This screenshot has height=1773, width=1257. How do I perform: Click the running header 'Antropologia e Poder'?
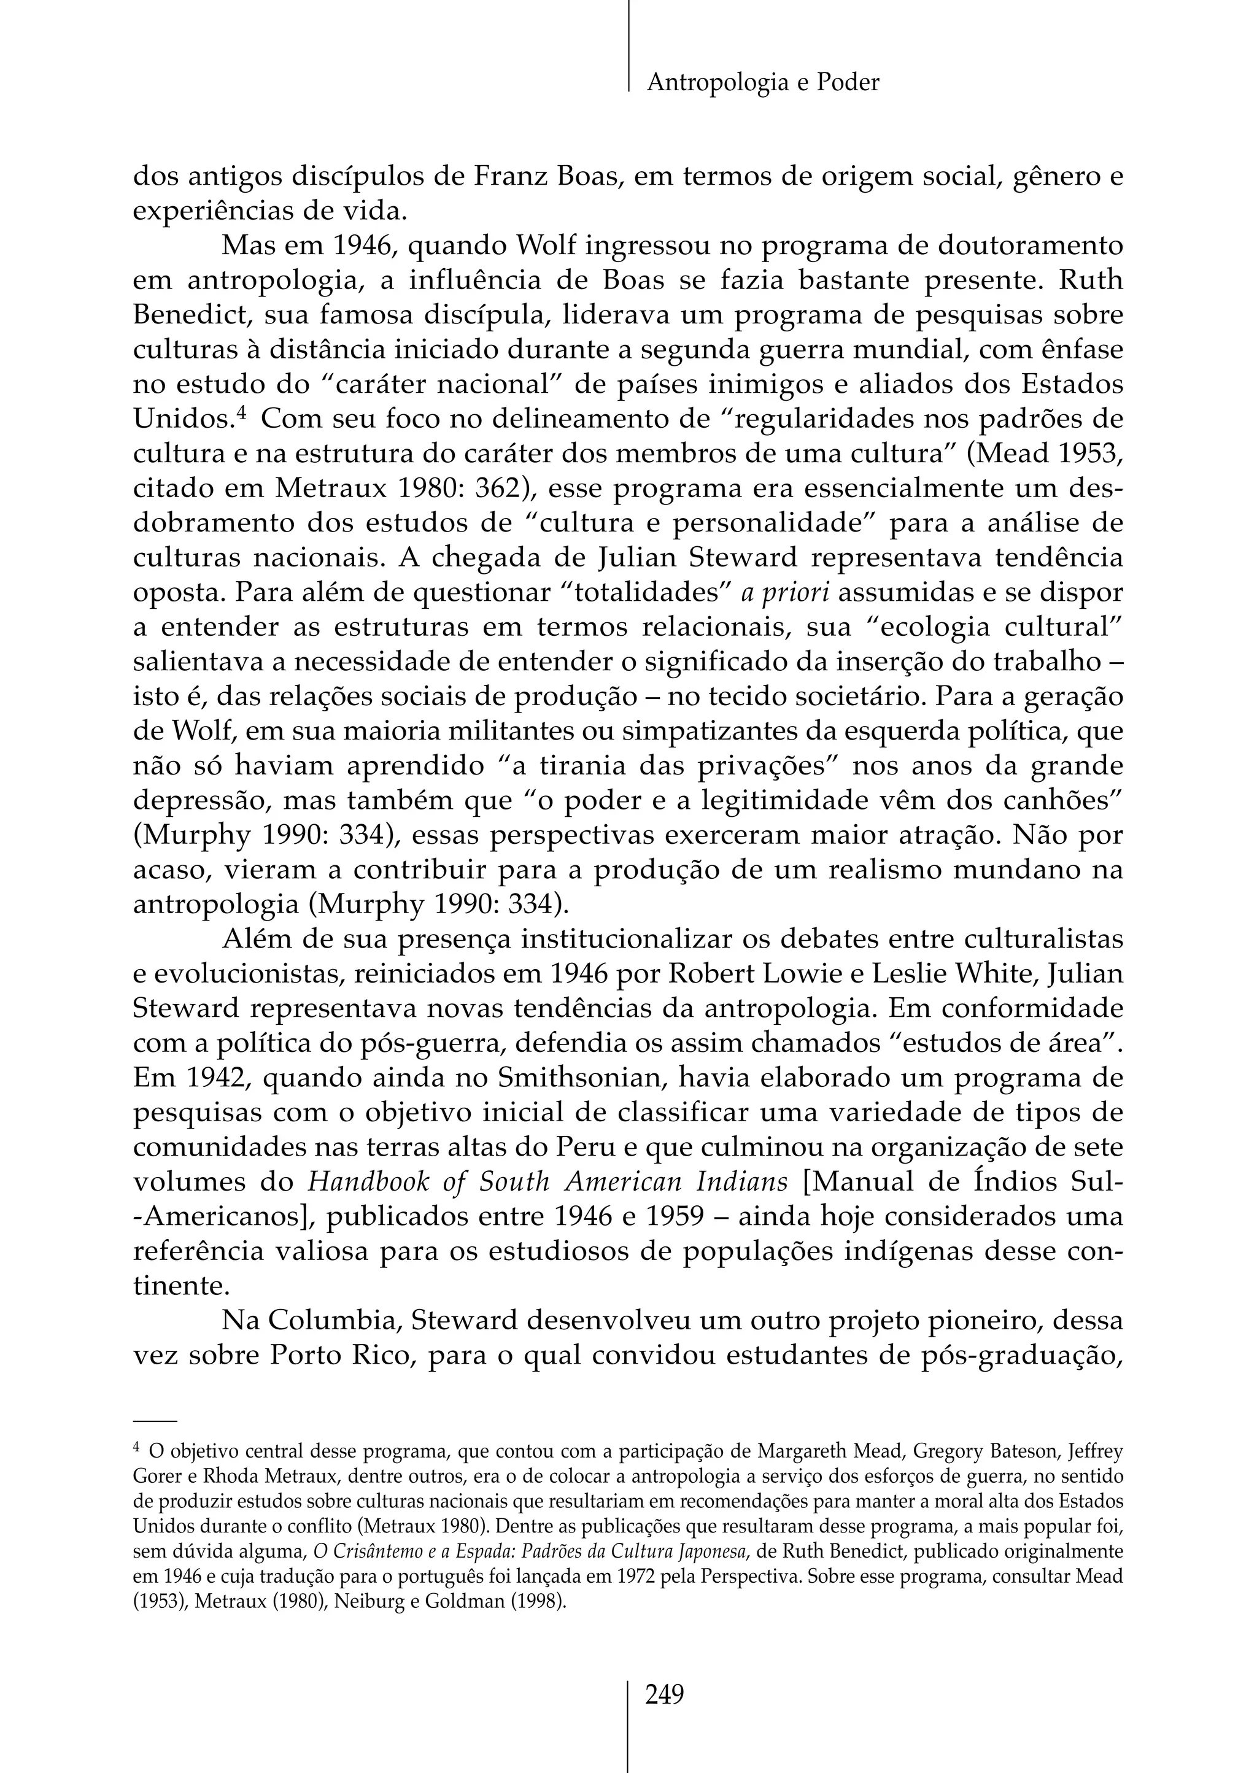tap(762, 82)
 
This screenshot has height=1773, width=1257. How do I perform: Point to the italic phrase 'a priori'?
tap(786, 593)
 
